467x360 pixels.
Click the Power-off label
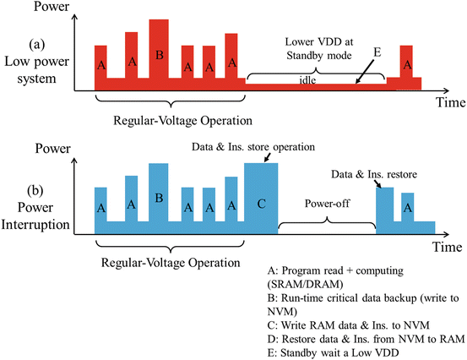327,204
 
